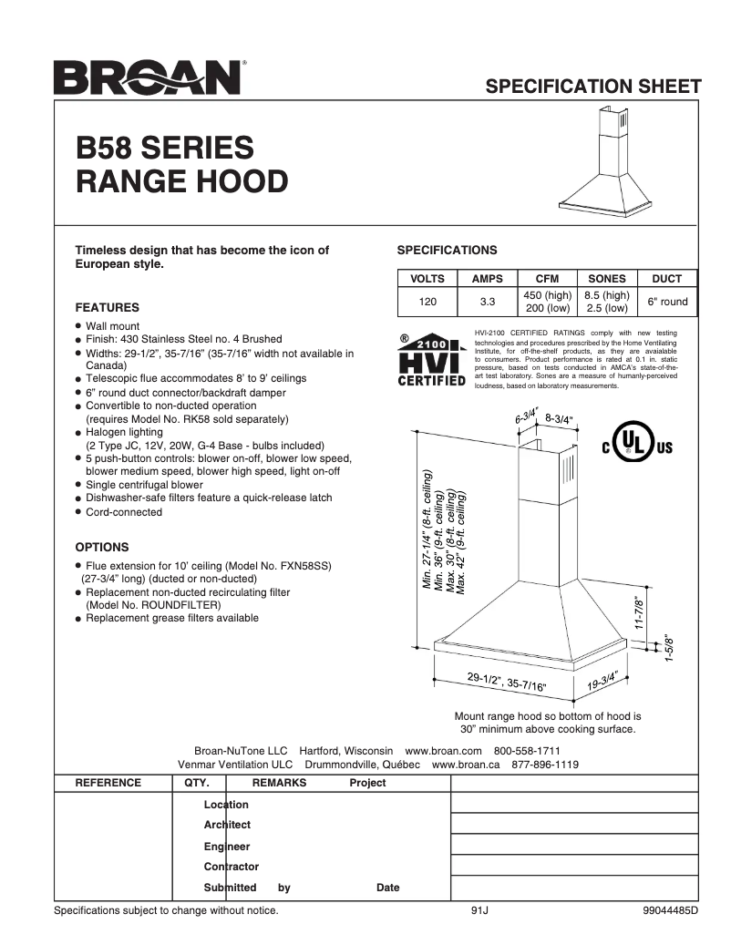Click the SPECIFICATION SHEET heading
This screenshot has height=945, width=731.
(x=593, y=87)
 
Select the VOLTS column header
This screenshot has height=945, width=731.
(x=427, y=279)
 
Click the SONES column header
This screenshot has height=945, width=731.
(x=607, y=279)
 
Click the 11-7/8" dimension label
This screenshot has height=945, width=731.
(x=641, y=614)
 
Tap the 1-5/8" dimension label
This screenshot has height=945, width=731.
(x=670, y=647)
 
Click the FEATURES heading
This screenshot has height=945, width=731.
(x=107, y=308)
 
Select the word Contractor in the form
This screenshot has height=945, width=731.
(x=232, y=867)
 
